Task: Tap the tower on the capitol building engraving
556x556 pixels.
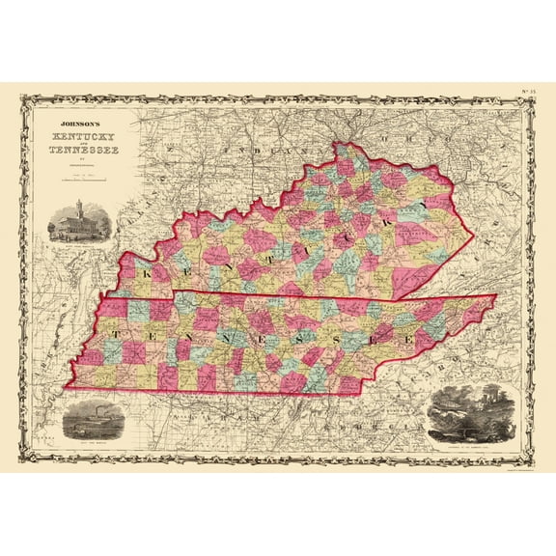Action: pyautogui.click(x=78, y=208)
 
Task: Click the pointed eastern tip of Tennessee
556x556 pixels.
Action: pyautogui.click(x=495, y=296)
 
